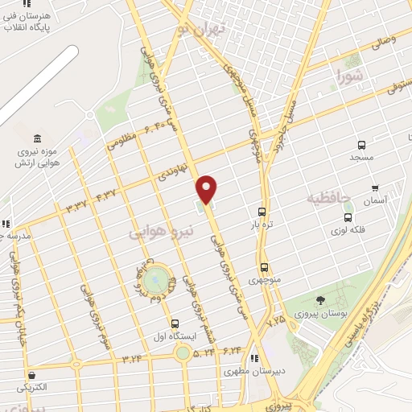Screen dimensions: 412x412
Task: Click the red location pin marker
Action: (207, 189)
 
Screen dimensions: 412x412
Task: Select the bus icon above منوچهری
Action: (264, 268)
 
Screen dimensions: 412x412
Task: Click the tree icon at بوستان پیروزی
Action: (320, 300)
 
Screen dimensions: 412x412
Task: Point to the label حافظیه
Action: (329, 197)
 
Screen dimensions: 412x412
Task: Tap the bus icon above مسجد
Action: (361, 146)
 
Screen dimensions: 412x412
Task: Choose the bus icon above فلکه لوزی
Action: (348, 217)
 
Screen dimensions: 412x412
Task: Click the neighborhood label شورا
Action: (352, 78)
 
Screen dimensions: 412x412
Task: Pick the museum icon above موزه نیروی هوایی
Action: (39, 138)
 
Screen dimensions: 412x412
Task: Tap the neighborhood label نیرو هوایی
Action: (162, 232)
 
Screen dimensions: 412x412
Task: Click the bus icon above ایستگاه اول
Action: (175, 323)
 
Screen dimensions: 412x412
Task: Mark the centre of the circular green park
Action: (159, 282)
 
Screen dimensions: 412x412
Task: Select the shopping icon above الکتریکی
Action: (31, 374)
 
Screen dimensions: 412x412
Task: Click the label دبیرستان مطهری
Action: (246, 372)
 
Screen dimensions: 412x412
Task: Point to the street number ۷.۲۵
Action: (276, 319)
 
